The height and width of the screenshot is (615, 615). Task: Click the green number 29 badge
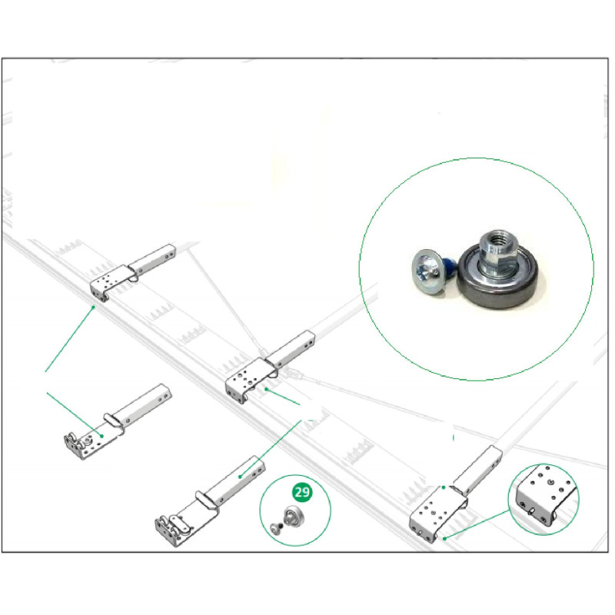click(x=302, y=492)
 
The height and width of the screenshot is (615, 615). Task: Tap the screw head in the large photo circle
click(x=427, y=268)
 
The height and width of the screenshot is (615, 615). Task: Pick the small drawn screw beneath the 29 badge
click(x=276, y=528)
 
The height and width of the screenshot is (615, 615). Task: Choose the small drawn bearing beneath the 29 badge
click(x=293, y=516)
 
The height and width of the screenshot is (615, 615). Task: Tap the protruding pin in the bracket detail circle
click(x=532, y=510)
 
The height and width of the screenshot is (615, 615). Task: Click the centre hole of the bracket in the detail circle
click(x=550, y=482)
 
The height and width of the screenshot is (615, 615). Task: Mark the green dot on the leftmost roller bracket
click(x=101, y=436)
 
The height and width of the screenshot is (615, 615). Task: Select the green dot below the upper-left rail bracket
click(x=93, y=307)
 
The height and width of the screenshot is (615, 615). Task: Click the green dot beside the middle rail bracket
click(x=266, y=389)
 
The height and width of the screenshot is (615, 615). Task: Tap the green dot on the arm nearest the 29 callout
click(x=240, y=477)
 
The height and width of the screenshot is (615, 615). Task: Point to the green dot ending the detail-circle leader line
click(x=444, y=538)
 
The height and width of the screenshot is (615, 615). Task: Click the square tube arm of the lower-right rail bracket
click(x=477, y=469)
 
